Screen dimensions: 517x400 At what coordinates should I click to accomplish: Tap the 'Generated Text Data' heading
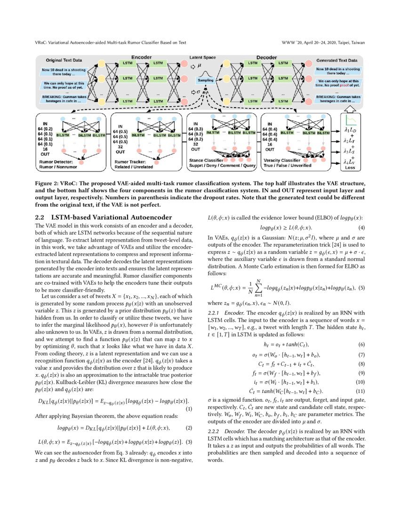336,61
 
